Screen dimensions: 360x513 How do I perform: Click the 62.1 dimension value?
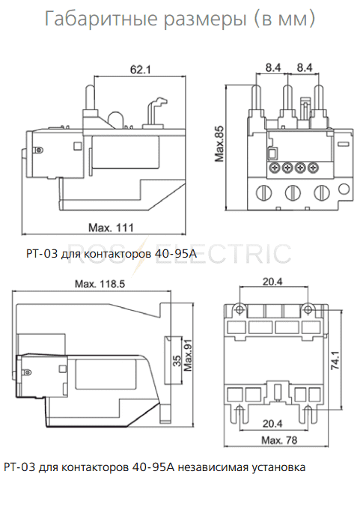click(x=140, y=70)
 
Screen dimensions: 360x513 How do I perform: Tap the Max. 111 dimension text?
click(x=112, y=228)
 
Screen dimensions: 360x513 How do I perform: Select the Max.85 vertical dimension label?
click(x=219, y=144)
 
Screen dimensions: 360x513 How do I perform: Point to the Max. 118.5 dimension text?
click(x=100, y=284)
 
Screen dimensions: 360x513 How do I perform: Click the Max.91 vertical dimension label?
click(x=188, y=356)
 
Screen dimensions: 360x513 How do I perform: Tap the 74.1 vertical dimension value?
click(x=336, y=360)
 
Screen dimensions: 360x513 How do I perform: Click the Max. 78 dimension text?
click(x=279, y=440)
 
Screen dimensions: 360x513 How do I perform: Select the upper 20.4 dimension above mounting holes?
click(x=272, y=282)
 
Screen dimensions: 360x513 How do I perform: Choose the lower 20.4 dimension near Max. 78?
click(x=272, y=424)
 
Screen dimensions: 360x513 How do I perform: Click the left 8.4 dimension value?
click(x=273, y=67)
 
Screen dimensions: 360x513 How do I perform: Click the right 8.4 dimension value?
click(x=305, y=67)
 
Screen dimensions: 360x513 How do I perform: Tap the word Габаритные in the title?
click(x=101, y=19)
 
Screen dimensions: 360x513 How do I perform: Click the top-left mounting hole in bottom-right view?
click(x=240, y=309)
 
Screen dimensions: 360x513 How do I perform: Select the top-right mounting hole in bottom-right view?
click(x=308, y=309)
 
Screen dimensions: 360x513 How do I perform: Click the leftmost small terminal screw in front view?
click(x=274, y=168)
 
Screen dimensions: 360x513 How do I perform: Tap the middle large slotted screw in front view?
click(x=293, y=192)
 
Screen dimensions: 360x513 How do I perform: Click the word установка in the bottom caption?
click(x=278, y=467)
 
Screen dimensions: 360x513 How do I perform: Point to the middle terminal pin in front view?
click(x=287, y=97)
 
